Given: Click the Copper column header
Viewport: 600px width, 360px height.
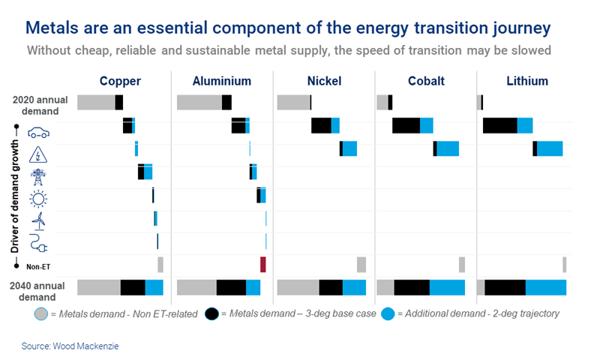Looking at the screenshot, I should point(120,81).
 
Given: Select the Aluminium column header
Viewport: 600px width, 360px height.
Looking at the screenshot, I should point(222,81).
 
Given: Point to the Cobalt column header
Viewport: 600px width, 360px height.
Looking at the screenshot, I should point(424,81).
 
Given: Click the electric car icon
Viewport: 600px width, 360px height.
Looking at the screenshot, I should point(38,133).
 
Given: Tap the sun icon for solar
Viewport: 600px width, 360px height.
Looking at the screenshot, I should point(37,199).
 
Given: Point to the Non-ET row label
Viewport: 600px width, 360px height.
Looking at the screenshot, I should point(38,266).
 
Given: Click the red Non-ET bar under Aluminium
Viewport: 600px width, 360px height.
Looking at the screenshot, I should point(263,264).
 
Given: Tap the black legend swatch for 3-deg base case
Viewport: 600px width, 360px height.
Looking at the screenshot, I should point(211,313).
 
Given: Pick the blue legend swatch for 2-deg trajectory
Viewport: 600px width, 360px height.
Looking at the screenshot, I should point(388,313).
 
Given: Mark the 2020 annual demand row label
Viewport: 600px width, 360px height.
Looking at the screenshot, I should point(43,103).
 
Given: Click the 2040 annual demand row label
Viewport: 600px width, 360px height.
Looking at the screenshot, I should point(43,289).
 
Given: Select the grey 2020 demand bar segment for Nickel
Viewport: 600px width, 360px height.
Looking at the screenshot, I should point(293,103).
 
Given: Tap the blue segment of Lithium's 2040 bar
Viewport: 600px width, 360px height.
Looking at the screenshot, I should point(546,287).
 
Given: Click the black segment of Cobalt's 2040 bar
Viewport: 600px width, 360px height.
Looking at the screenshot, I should point(412,287).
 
